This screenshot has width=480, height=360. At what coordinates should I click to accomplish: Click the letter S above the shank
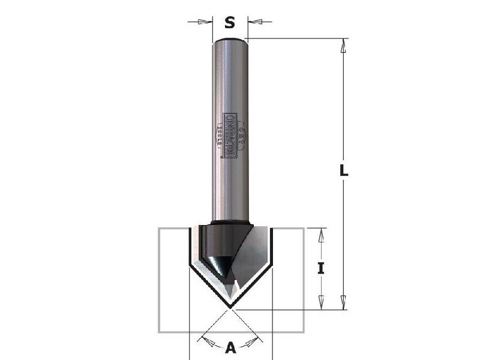[x=229, y=22]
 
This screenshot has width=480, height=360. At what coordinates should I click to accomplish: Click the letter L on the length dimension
[x=343, y=170]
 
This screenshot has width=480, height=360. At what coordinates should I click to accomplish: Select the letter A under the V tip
[x=230, y=346]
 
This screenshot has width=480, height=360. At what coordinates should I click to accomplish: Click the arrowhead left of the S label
[x=205, y=22]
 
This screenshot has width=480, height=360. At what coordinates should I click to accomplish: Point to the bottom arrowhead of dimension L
[x=344, y=302]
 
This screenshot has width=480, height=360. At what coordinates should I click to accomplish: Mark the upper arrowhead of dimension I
[x=322, y=235]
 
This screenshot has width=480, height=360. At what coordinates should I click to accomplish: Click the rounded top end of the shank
[x=230, y=40]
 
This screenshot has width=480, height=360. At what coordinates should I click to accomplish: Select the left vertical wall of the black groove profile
[x=190, y=246]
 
